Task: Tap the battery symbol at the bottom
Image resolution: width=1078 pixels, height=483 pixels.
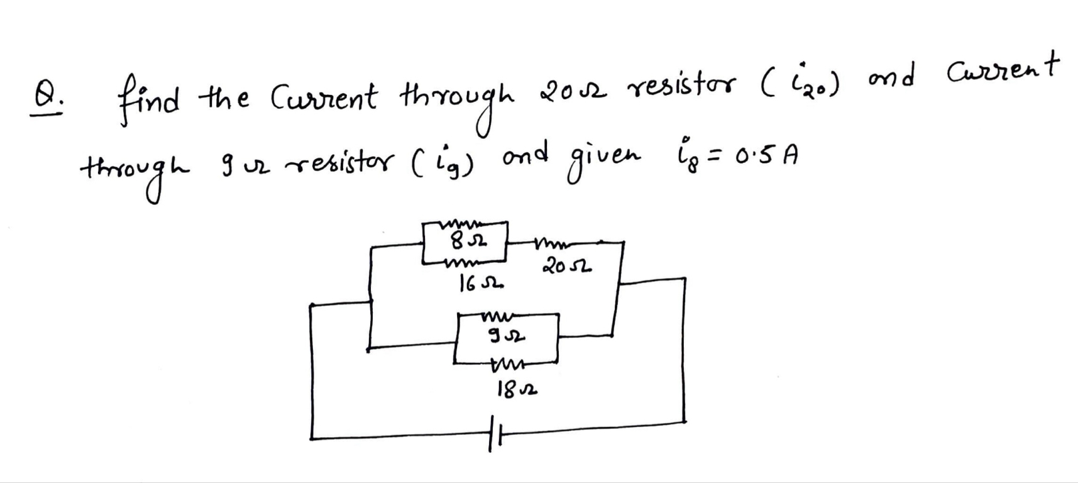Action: coord(492,433)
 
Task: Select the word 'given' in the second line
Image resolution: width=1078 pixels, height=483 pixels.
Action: coord(604,158)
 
